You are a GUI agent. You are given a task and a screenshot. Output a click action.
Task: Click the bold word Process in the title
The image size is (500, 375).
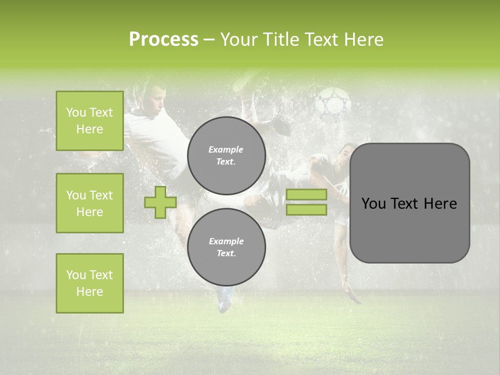click(164, 40)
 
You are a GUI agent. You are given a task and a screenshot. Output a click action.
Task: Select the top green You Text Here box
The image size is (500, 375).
click(90, 121)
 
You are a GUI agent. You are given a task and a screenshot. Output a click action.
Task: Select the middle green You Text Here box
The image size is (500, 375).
click(90, 203)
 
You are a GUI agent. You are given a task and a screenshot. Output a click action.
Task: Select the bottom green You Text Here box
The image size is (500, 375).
click(90, 283)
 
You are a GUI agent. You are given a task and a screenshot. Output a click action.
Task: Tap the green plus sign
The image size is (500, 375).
click(160, 202)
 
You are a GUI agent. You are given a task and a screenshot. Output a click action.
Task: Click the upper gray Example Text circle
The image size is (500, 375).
click(226, 156)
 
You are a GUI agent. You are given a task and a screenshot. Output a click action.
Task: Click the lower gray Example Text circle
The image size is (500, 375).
click(226, 247)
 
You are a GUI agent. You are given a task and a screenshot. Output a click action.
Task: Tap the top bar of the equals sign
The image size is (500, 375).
click(306, 194)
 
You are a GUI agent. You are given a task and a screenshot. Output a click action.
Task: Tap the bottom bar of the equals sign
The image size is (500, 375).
click(306, 210)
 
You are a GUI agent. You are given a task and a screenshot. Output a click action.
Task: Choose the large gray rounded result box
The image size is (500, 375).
click(409, 203)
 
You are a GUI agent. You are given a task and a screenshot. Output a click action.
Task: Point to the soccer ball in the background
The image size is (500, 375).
click(334, 102)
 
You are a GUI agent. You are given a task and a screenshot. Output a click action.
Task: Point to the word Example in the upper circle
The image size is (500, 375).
click(226, 149)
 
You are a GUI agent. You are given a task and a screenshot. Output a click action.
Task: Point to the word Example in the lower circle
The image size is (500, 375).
click(226, 241)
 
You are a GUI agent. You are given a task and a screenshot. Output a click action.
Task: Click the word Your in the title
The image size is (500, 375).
click(240, 40)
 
